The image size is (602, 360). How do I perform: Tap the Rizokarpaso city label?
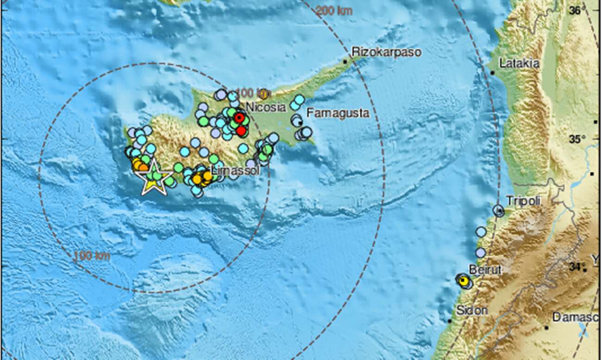click(386, 52)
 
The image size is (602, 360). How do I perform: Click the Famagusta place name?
click(338, 113)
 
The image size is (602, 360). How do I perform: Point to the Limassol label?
click(235, 171)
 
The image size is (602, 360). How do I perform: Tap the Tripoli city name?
click(523, 201)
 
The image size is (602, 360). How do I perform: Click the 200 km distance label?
click(334, 11)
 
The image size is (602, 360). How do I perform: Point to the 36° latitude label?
click(577, 10)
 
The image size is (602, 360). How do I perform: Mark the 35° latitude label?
click(577, 138)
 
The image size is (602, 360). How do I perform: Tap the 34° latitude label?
click(577, 267)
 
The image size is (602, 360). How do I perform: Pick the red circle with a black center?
click(238, 118)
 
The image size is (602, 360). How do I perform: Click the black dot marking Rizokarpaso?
click(345, 61)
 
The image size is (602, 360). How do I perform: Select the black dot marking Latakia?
click(492, 73)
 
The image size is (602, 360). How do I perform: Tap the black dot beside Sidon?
click(450, 321)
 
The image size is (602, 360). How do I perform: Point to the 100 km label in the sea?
click(92, 256)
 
